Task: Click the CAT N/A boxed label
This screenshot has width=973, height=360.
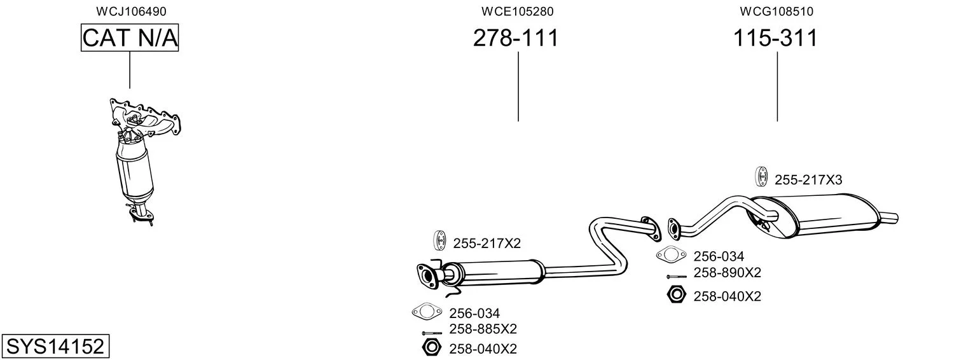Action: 130,38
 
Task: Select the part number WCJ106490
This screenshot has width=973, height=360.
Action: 131,11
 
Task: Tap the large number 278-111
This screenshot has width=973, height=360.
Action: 516,38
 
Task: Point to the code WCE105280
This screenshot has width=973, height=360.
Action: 517,11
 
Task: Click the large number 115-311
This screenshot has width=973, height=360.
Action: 775,38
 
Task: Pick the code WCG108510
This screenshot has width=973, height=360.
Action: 776,11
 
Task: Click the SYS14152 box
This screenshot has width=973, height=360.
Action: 55,347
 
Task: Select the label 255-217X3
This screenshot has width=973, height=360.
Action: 808,180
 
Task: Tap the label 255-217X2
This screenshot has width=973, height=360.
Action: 487,243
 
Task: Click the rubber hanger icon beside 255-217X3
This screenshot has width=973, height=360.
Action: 761,177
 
